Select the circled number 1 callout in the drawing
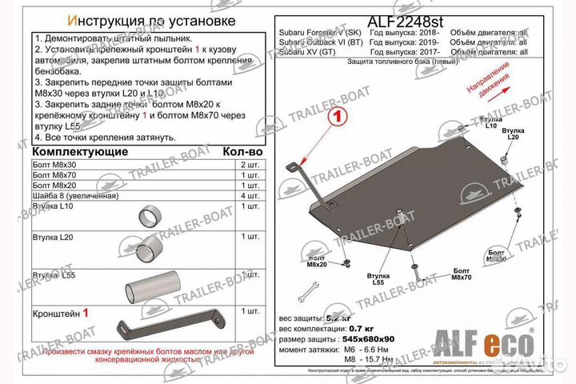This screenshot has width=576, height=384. coord(338,117)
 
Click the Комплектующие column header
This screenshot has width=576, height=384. coord(81,151)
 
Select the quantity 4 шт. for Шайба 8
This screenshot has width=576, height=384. coord(249,195)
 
